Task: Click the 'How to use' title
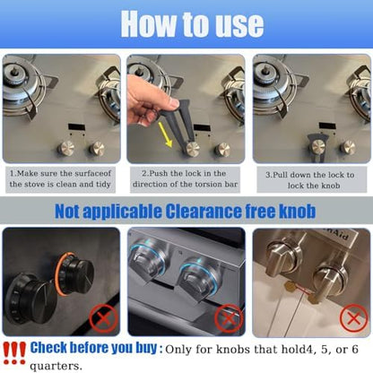click(x=192, y=24)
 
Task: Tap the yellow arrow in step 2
click(x=165, y=134)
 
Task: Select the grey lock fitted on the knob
click(x=318, y=146)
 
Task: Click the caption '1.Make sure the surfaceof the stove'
click(x=60, y=178)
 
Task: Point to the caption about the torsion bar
click(x=185, y=178)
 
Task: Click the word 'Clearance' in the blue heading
click(x=204, y=212)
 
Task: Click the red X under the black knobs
click(x=103, y=318)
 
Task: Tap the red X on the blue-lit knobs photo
click(x=229, y=318)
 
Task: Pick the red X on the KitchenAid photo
click(x=354, y=318)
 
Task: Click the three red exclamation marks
click(x=14, y=353)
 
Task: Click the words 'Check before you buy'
click(x=93, y=348)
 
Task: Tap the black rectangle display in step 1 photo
click(x=76, y=126)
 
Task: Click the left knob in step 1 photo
click(x=65, y=148)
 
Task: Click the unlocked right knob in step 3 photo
click(x=348, y=148)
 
